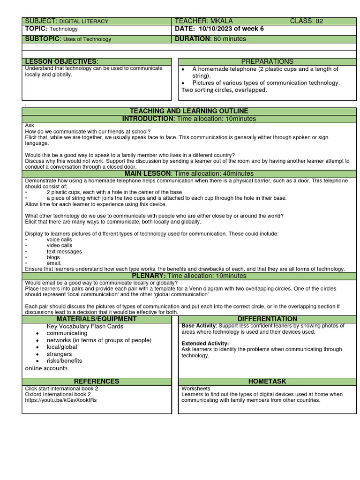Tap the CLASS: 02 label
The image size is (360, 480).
306,21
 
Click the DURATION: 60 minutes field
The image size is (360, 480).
210,39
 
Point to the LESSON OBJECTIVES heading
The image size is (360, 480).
61,62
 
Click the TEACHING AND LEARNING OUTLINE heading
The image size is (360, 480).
189,111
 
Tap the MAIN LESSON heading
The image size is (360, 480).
189,174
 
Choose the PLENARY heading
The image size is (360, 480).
189,276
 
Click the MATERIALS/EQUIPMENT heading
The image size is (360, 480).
97,319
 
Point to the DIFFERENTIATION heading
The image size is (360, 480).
267,319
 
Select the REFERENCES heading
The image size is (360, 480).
97,382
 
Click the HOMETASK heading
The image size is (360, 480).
267,382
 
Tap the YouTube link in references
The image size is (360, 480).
61,400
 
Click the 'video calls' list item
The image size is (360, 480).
60,245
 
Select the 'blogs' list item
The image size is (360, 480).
53,257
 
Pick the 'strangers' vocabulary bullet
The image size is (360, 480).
59,354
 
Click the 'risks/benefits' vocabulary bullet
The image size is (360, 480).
64,361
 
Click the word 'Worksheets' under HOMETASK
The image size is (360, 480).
196,389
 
